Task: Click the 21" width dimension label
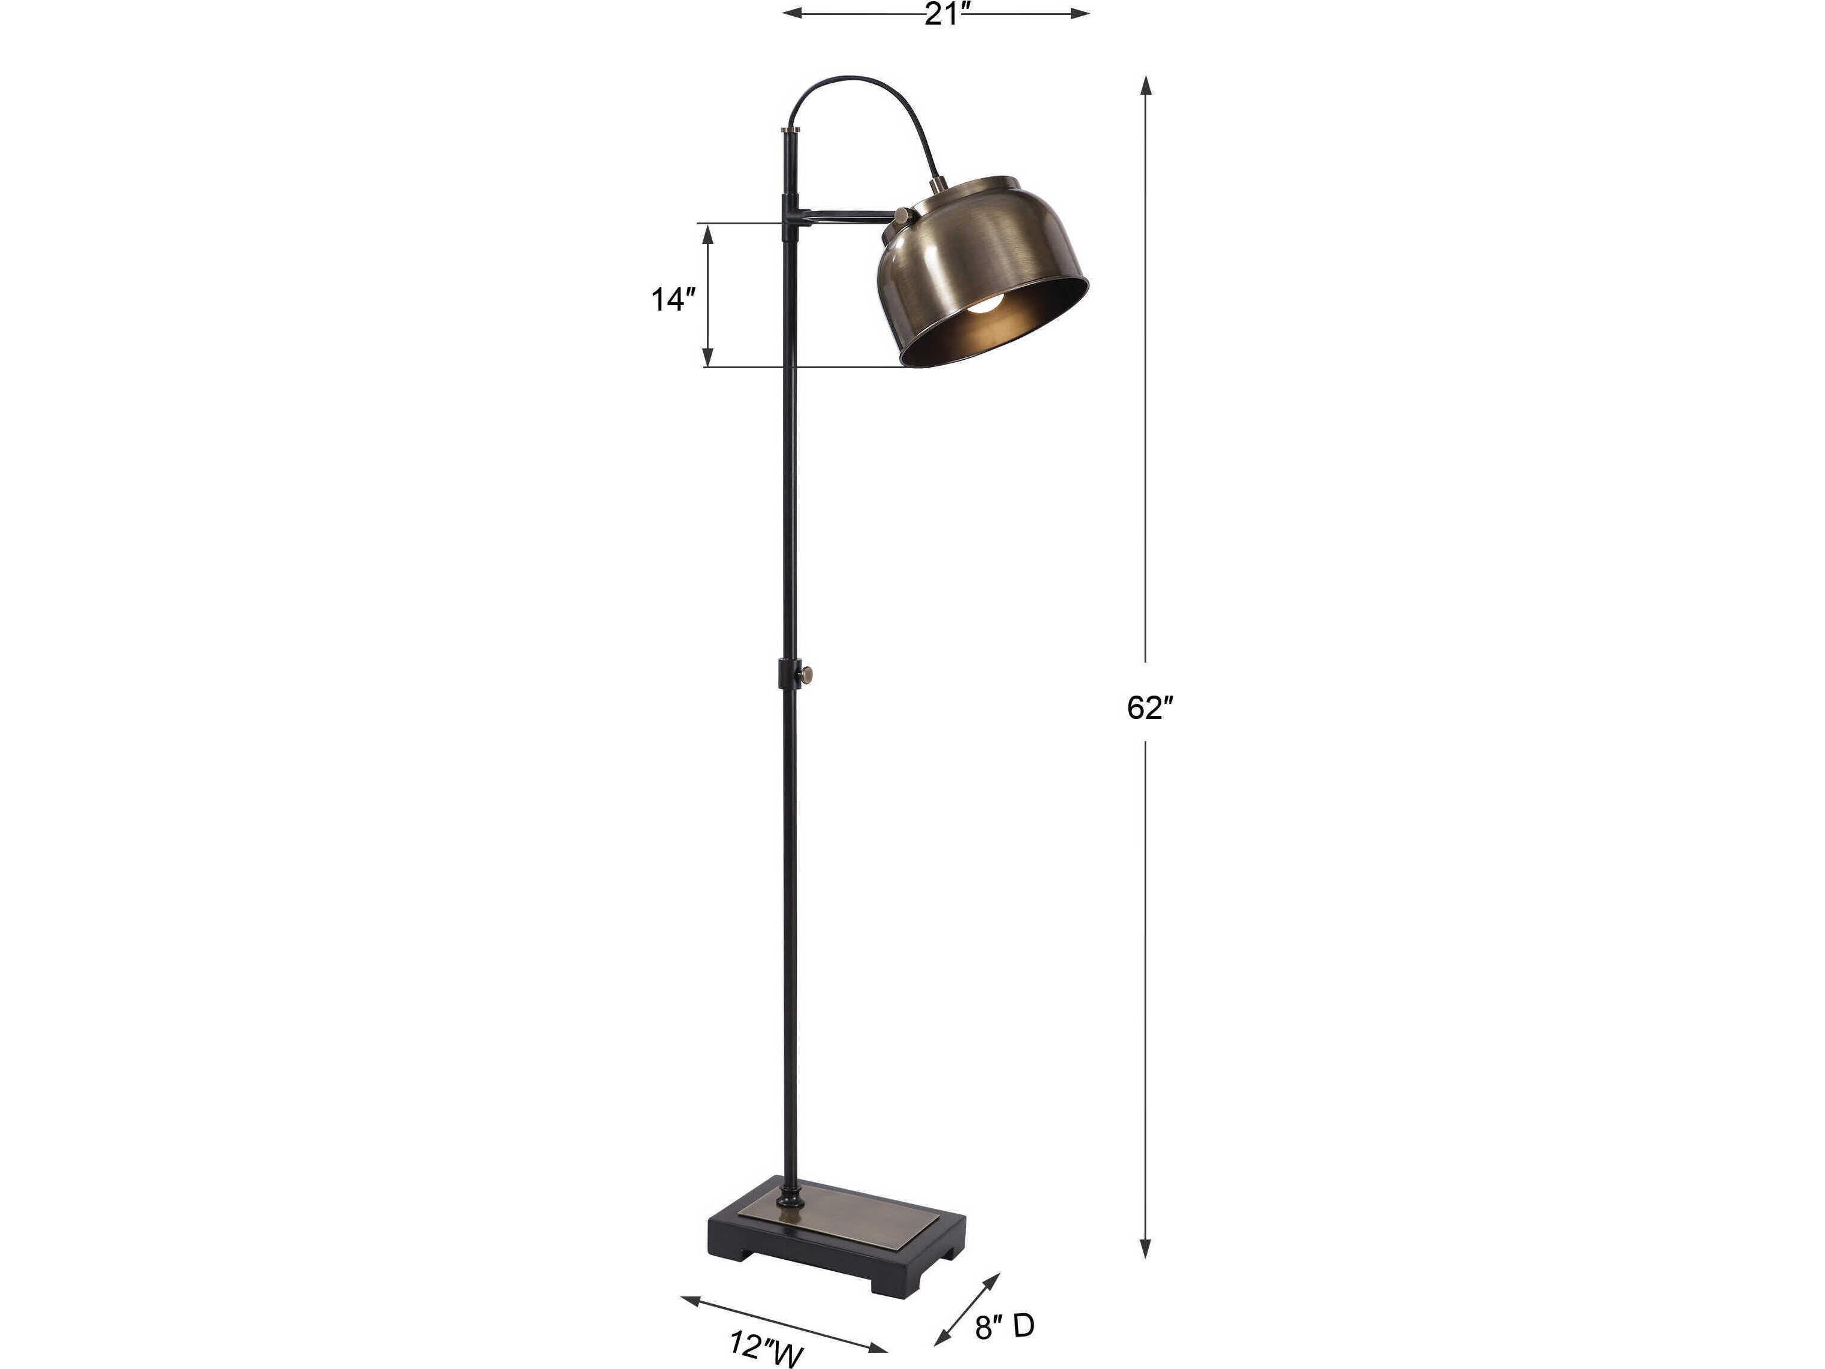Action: (944, 14)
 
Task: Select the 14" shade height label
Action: (668, 300)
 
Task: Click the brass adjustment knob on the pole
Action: (809, 676)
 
